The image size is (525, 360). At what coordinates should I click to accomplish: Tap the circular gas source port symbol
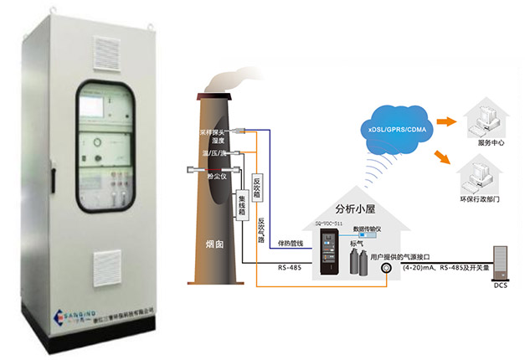(388, 269)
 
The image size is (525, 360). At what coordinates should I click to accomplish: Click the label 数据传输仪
(368, 228)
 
